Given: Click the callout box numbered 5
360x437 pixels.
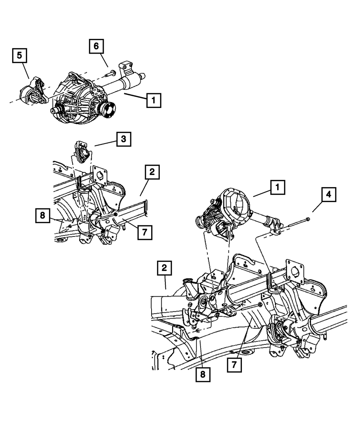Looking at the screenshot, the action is coord(19,55).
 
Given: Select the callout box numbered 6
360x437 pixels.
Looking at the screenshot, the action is coord(96,46).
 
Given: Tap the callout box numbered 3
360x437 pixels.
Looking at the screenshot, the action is coord(124,139).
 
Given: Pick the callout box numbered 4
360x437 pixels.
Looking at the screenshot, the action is coord(329,195).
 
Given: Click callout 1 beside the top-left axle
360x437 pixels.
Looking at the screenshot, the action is coord(154,100).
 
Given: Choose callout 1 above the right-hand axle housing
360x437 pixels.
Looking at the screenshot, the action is coord(278,187).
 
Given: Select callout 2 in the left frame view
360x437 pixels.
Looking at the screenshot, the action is coord(152,172).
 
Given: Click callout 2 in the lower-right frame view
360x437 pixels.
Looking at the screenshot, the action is coord(164,268).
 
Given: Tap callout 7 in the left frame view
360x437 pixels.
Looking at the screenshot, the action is coord(145,232).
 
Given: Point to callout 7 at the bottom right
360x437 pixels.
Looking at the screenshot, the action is coord(234,365).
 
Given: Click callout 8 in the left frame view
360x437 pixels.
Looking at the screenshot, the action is coord(42,215).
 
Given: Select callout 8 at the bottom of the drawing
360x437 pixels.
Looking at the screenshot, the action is coord(203,375).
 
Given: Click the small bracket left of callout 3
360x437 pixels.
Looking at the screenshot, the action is coord(82,152).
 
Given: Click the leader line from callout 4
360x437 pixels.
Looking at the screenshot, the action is coord(317,207).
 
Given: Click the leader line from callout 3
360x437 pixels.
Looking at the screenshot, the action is coord(105,144).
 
